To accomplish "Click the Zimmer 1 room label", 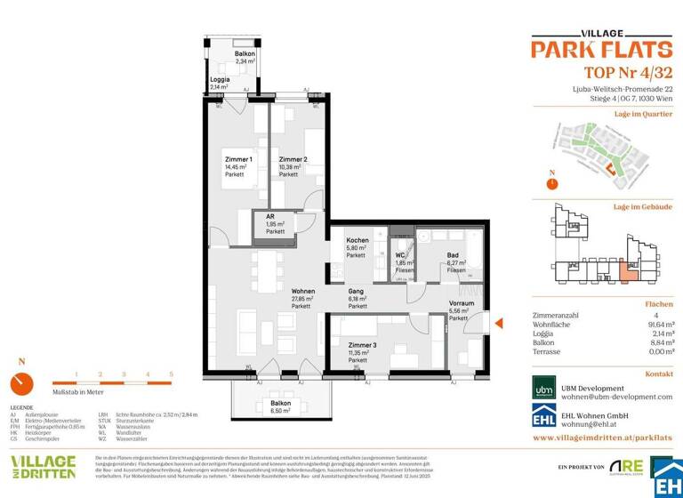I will click(x=238, y=159).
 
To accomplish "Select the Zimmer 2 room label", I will click(x=293, y=159).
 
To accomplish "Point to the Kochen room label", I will click(x=357, y=241).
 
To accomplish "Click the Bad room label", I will click(x=452, y=255).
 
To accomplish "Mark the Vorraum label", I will click(x=462, y=303).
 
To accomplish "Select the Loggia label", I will click(x=220, y=79).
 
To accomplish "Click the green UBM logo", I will click(x=543, y=390).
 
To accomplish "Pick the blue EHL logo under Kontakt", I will click(x=543, y=418).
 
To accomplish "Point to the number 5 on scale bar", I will click(x=171, y=375).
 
